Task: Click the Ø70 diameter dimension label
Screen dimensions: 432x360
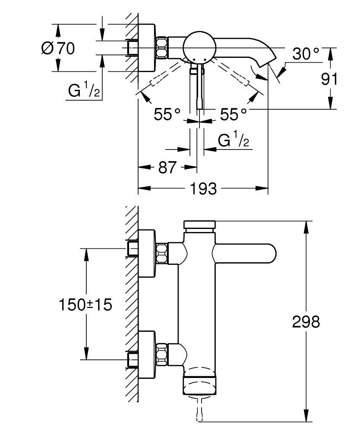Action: pyautogui.click(x=58, y=48)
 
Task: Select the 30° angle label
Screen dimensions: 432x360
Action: pyautogui.click(x=306, y=54)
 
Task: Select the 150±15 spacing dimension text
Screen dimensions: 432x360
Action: pyautogui.click(x=85, y=305)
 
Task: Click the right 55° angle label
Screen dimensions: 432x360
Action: pyautogui.click(x=234, y=114)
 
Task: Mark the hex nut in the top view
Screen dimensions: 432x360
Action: pyautogui.click(x=162, y=48)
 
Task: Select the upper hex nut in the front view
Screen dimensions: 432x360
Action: pyautogui.click(x=161, y=253)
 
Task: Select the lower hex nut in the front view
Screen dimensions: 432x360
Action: pyautogui.click(x=161, y=353)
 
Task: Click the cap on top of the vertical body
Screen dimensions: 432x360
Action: pyautogui.click(x=199, y=225)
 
